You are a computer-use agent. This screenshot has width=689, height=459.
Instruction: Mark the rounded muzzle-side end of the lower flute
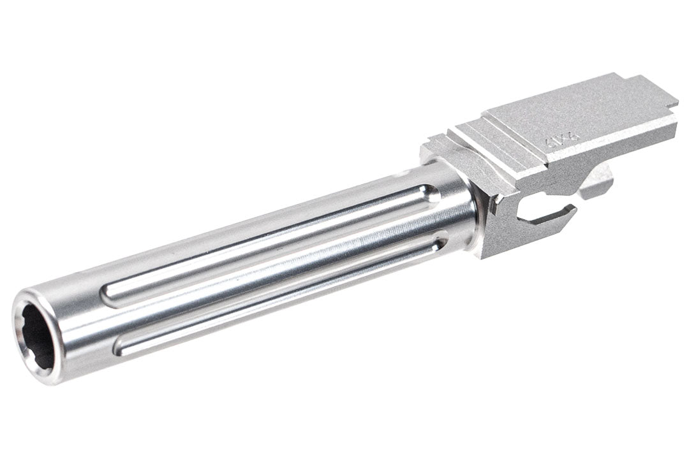click(119, 347)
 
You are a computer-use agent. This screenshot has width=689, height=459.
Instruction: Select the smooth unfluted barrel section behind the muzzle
click(77, 319)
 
